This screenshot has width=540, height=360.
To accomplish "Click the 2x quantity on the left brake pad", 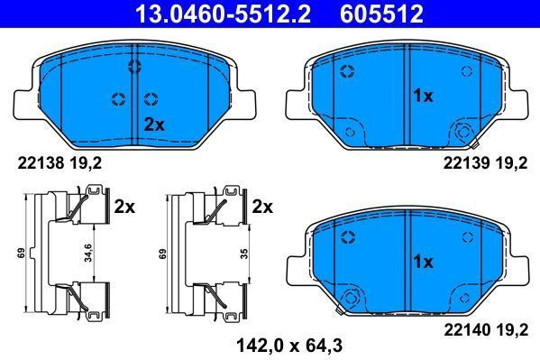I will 154,125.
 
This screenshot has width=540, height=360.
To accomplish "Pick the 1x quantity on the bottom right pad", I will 424,262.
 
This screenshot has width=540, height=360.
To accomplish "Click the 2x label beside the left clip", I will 124,207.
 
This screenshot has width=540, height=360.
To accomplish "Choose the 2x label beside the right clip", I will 262,207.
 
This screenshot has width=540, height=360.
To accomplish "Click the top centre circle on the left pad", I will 135,65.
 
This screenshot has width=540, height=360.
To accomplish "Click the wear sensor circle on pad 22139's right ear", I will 465,132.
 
